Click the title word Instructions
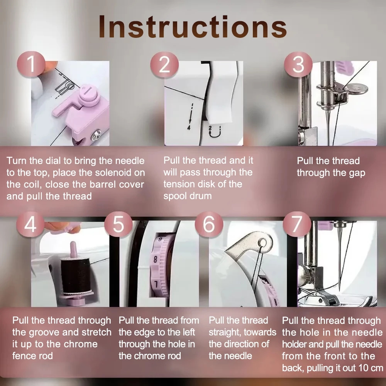(193, 27)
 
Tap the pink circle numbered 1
(31, 64)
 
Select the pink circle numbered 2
(164, 65)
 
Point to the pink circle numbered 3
(298, 65)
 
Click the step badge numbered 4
(30, 224)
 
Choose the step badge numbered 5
(119, 224)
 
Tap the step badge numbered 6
(209, 224)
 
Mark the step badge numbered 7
(297, 224)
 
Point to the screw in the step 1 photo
(96, 135)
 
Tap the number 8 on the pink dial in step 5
(155, 259)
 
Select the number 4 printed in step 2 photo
(189, 127)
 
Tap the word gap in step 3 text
(357, 173)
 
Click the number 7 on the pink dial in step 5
(156, 284)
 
